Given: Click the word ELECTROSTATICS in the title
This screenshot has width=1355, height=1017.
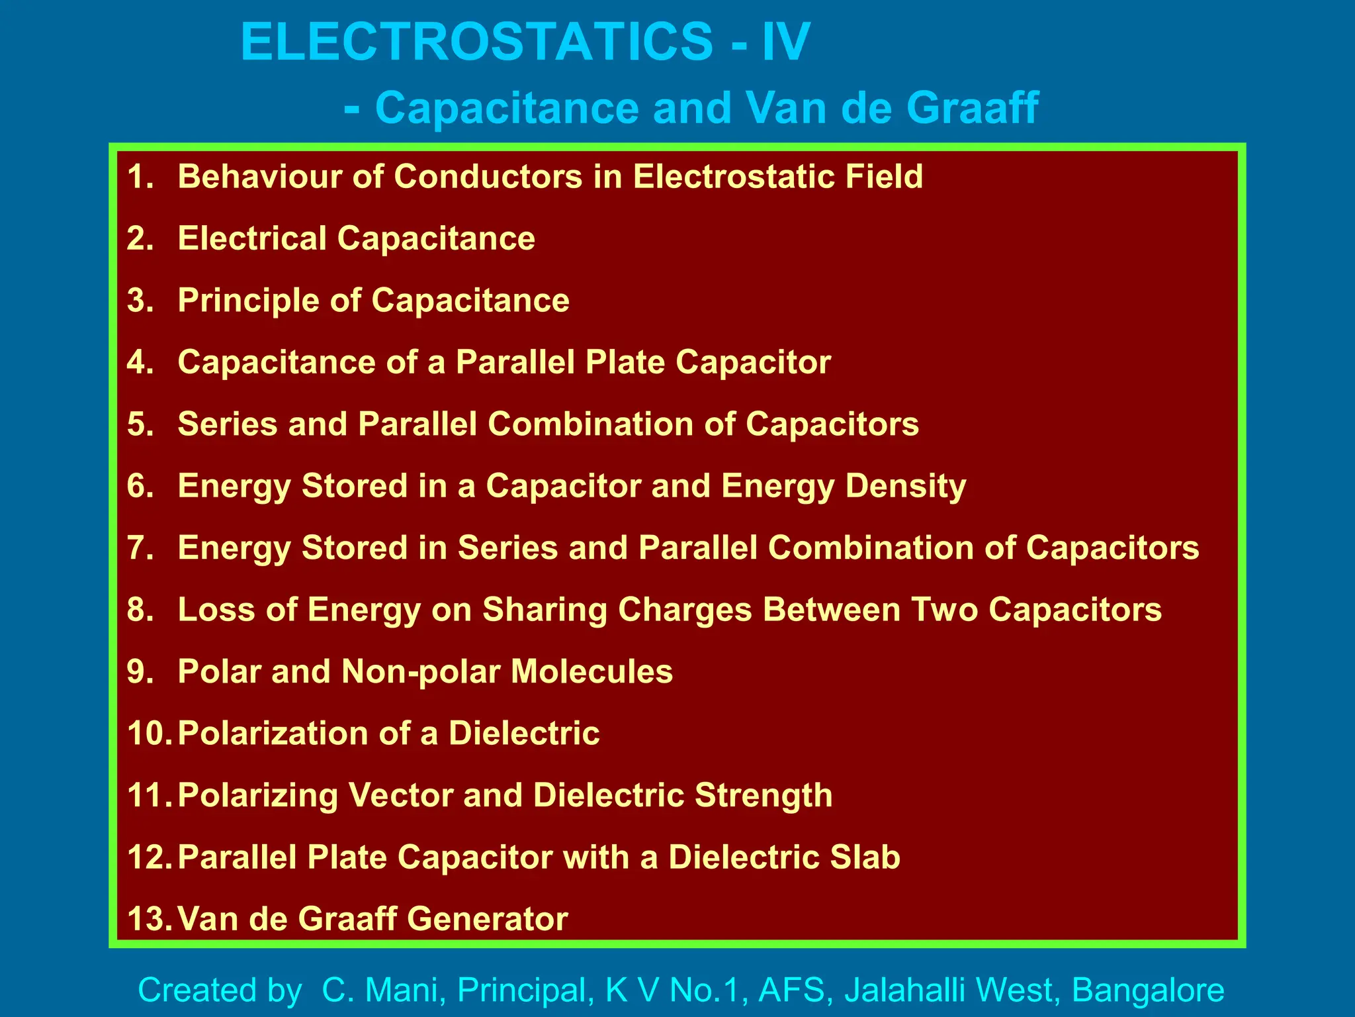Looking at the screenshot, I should (476, 42).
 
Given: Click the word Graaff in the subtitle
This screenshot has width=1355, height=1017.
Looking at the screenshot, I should (972, 107).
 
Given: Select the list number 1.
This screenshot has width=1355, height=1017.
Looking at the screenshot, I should (140, 177).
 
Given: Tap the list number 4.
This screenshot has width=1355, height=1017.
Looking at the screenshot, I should (140, 362).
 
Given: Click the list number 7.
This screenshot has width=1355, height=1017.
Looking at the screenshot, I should (140, 548).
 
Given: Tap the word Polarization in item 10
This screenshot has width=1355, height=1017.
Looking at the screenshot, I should (273, 734).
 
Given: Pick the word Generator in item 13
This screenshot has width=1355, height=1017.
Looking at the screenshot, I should (487, 919).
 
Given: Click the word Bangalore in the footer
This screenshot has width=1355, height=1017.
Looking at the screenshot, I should (1147, 991).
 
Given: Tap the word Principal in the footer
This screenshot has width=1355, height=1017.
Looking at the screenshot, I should (522, 991).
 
